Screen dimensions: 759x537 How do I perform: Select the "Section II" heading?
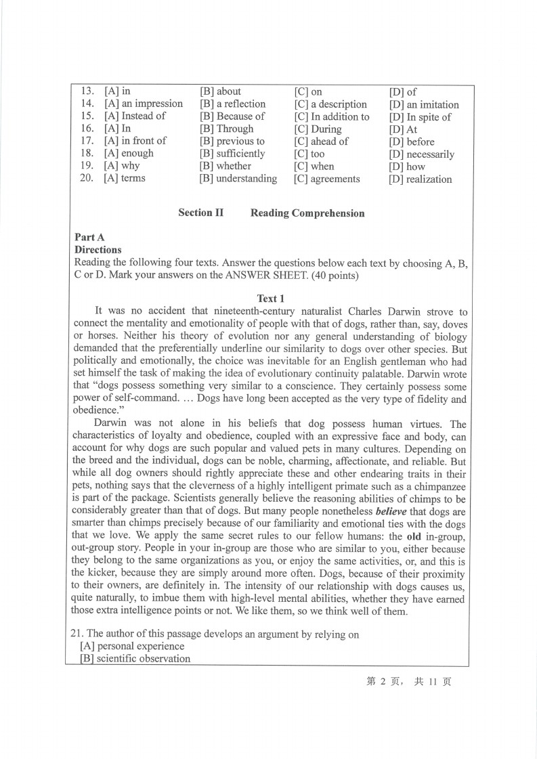coord(200,213)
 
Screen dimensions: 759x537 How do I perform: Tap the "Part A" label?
coord(89,237)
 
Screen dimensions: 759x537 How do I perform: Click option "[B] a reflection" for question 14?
coord(232,104)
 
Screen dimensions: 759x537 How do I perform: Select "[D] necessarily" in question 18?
coord(421,154)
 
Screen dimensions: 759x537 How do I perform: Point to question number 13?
coord(87,91)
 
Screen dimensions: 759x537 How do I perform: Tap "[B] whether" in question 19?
coord(225,166)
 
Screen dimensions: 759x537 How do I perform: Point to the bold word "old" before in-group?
coord(413,537)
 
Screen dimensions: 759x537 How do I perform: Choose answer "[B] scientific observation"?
coord(134,659)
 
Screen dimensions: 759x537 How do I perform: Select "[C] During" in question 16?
coord(318,129)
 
